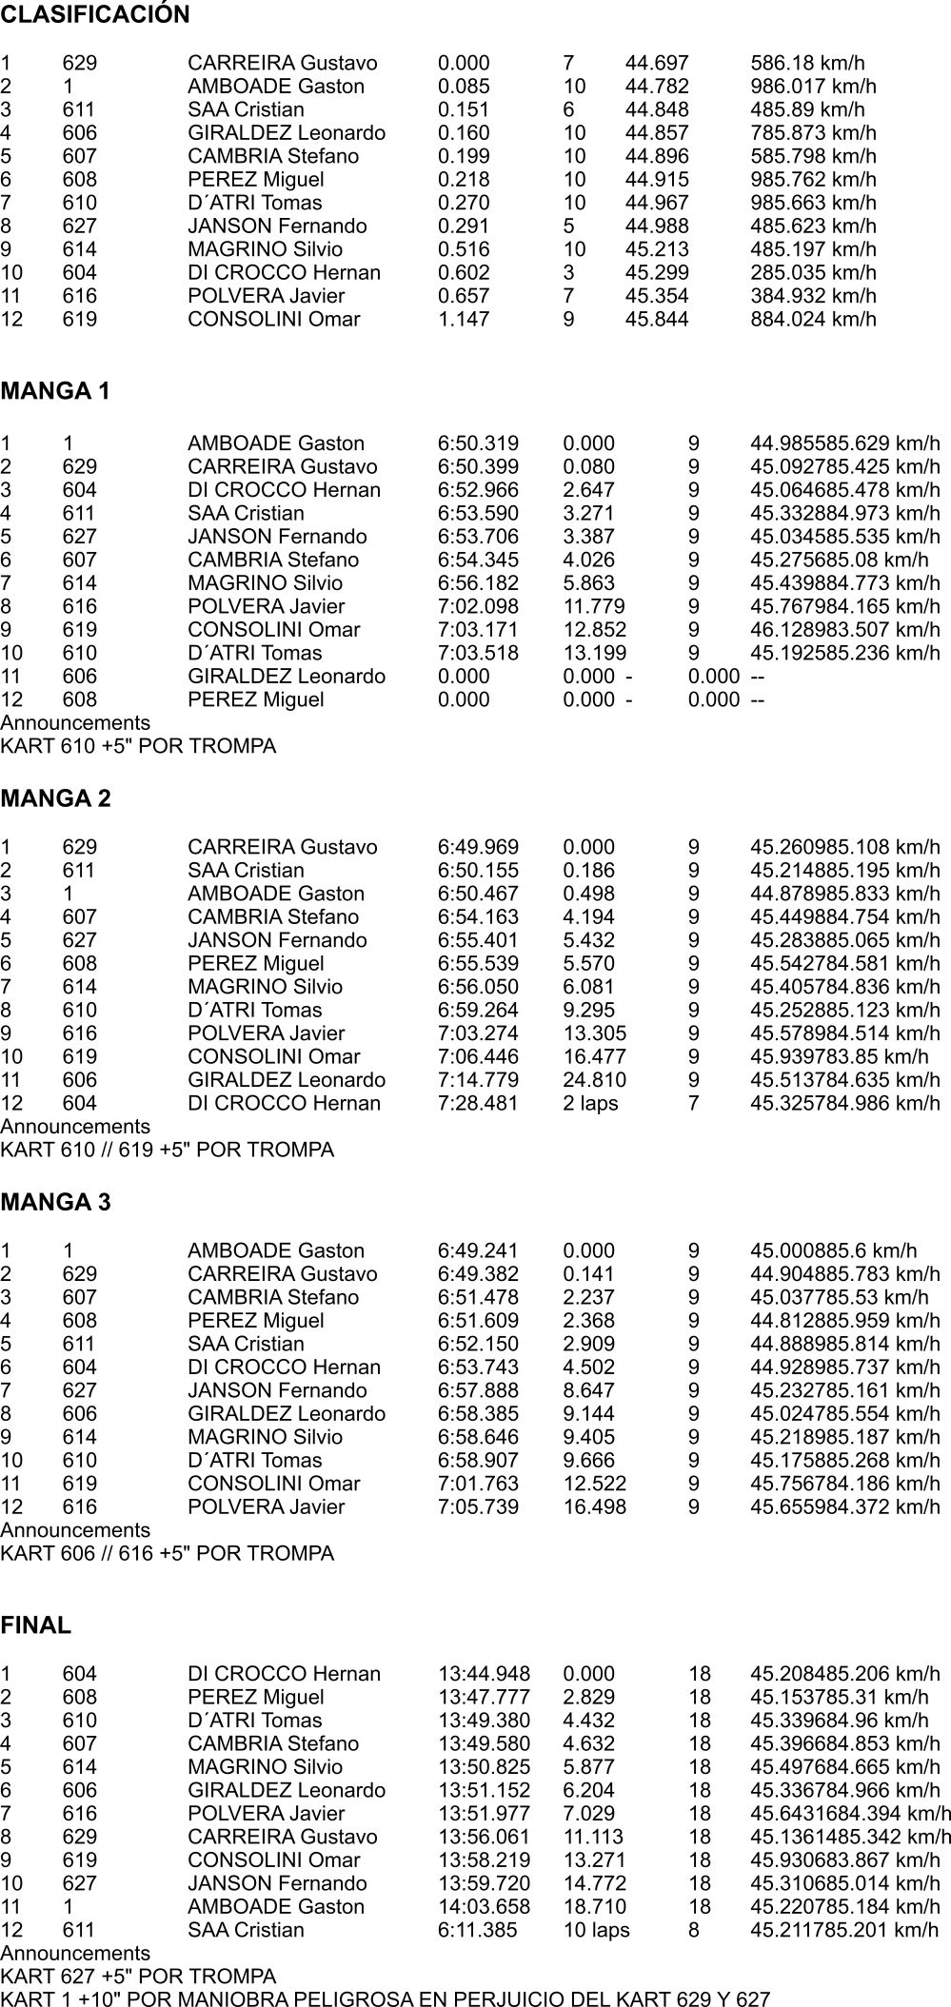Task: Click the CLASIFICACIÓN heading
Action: pyautogui.click(x=95, y=15)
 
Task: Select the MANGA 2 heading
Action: pyautogui.click(x=56, y=799)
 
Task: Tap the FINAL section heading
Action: pyautogui.click(x=36, y=1625)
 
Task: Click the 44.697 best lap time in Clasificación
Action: pyautogui.click(x=656, y=64)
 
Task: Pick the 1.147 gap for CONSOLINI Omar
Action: pyautogui.click(x=464, y=320)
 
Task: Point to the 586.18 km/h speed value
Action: pyautogui.click(x=807, y=64)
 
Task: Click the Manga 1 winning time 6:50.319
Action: pyautogui.click(x=478, y=443)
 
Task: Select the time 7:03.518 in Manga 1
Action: pyautogui.click(x=478, y=653)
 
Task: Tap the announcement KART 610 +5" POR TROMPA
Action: pyautogui.click(x=138, y=746)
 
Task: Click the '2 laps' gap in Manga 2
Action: pyautogui.click(x=590, y=1103)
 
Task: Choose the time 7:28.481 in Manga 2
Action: pyautogui.click(x=478, y=1103)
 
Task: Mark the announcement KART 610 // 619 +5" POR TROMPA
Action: pyautogui.click(x=168, y=1150)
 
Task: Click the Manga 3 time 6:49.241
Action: pyautogui.click(x=478, y=1250)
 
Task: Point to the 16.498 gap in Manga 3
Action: pyautogui.click(x=594, y=1506)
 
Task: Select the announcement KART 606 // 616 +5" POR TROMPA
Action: pyautogui.click(x=168, y=1553)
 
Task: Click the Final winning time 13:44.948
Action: pyautogui.click(x=484, y=1673)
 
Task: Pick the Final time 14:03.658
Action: pyautogui.click(x=484, y=1906)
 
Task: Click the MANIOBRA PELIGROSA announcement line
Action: pyautogui.click(x=385, y=1998)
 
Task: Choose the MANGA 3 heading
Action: pyautogui.click(x=56, y=1203)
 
